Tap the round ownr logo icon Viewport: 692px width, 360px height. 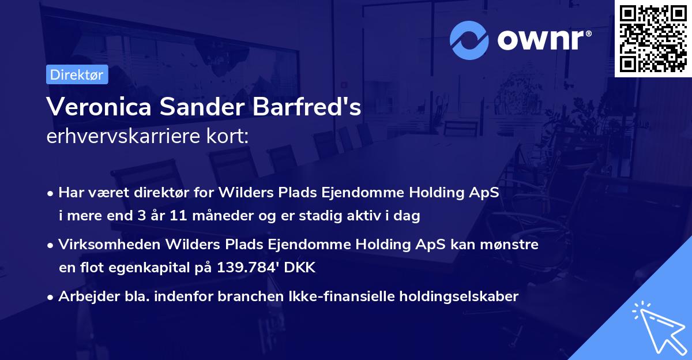(x=469, y=40)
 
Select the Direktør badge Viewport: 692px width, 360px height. (x=77, y=74)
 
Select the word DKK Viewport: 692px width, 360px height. (x=301, y=268)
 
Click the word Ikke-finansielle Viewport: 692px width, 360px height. (x=344, y=297)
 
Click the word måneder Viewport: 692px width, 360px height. (x=206, y=216)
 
